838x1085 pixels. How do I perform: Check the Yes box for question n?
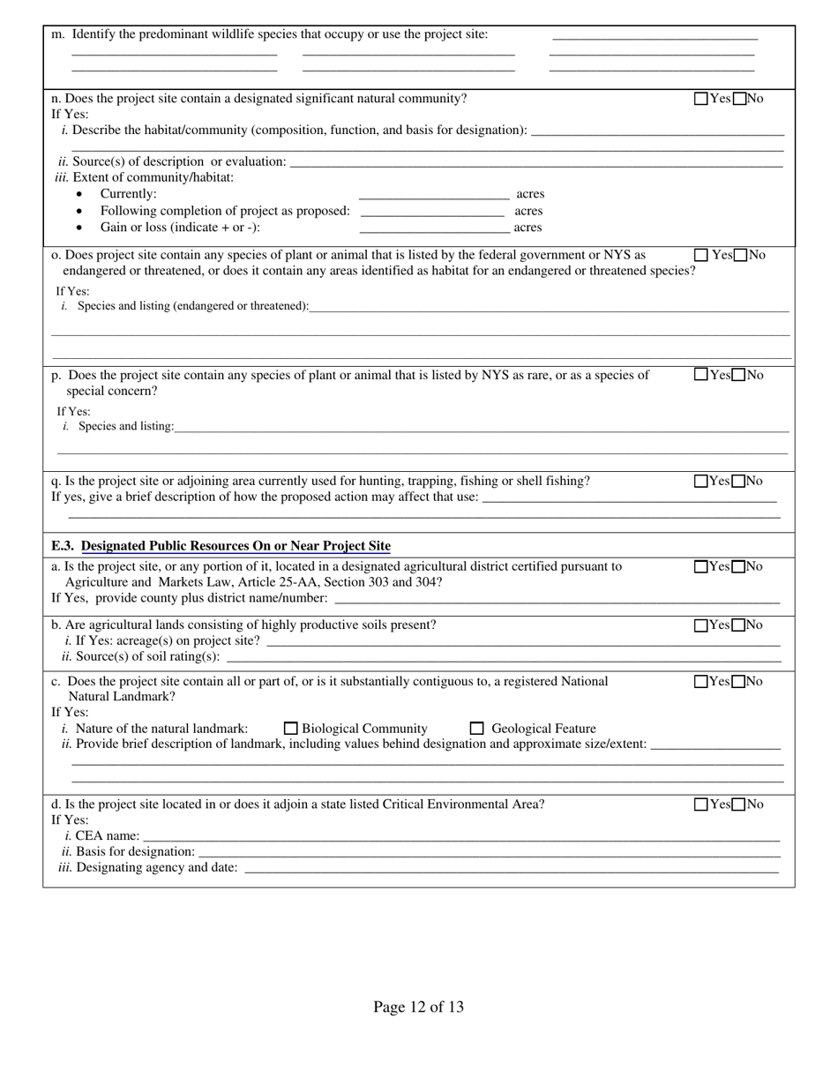click(x=701, y=99)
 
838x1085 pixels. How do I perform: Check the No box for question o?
click(x=741, y=255)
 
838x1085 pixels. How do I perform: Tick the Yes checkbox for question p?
click(x=701, y=374)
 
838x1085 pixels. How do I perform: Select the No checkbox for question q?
click(x=739, y=481)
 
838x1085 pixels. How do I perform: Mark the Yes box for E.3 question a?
click(x=701, y=566)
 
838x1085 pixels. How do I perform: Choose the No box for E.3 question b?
click(x=739, y=625)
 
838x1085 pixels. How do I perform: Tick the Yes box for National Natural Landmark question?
click(x=701, y=681)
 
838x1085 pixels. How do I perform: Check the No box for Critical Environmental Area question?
click(x=739, y=804)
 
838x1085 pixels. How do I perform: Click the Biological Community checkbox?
click(x=291, y=729)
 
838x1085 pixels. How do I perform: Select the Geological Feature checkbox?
click(x=477, y=729)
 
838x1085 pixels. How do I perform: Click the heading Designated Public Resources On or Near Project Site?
click(x=236, y=546)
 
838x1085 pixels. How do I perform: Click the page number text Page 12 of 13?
click(x=418, y=1006)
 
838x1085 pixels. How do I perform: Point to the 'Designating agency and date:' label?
click(x=149, y=867)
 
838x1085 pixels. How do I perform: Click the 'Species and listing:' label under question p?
click(x=126, y=426)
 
